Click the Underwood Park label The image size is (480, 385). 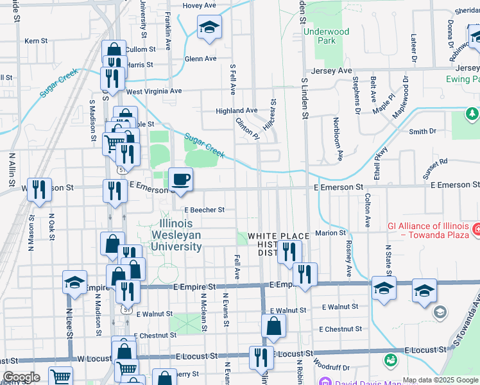click(x=327, y=36)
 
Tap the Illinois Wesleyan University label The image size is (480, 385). click(x=180, y=235)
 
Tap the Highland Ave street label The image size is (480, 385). click(x=236, y=111)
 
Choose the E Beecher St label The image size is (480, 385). click(x=204, y=210)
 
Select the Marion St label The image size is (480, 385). click(x=330, y=233)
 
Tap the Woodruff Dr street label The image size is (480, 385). click(x=332, y=368)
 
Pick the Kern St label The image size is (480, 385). click(x=36, y=41)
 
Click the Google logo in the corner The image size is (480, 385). click(x=21, y=377)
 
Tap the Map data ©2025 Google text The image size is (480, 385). click(x=440, y=381)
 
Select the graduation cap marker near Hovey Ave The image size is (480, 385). click(x=209, y=28)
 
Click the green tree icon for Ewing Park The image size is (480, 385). click(x=472, y=114)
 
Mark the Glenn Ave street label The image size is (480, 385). click(x=200, y=59)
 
